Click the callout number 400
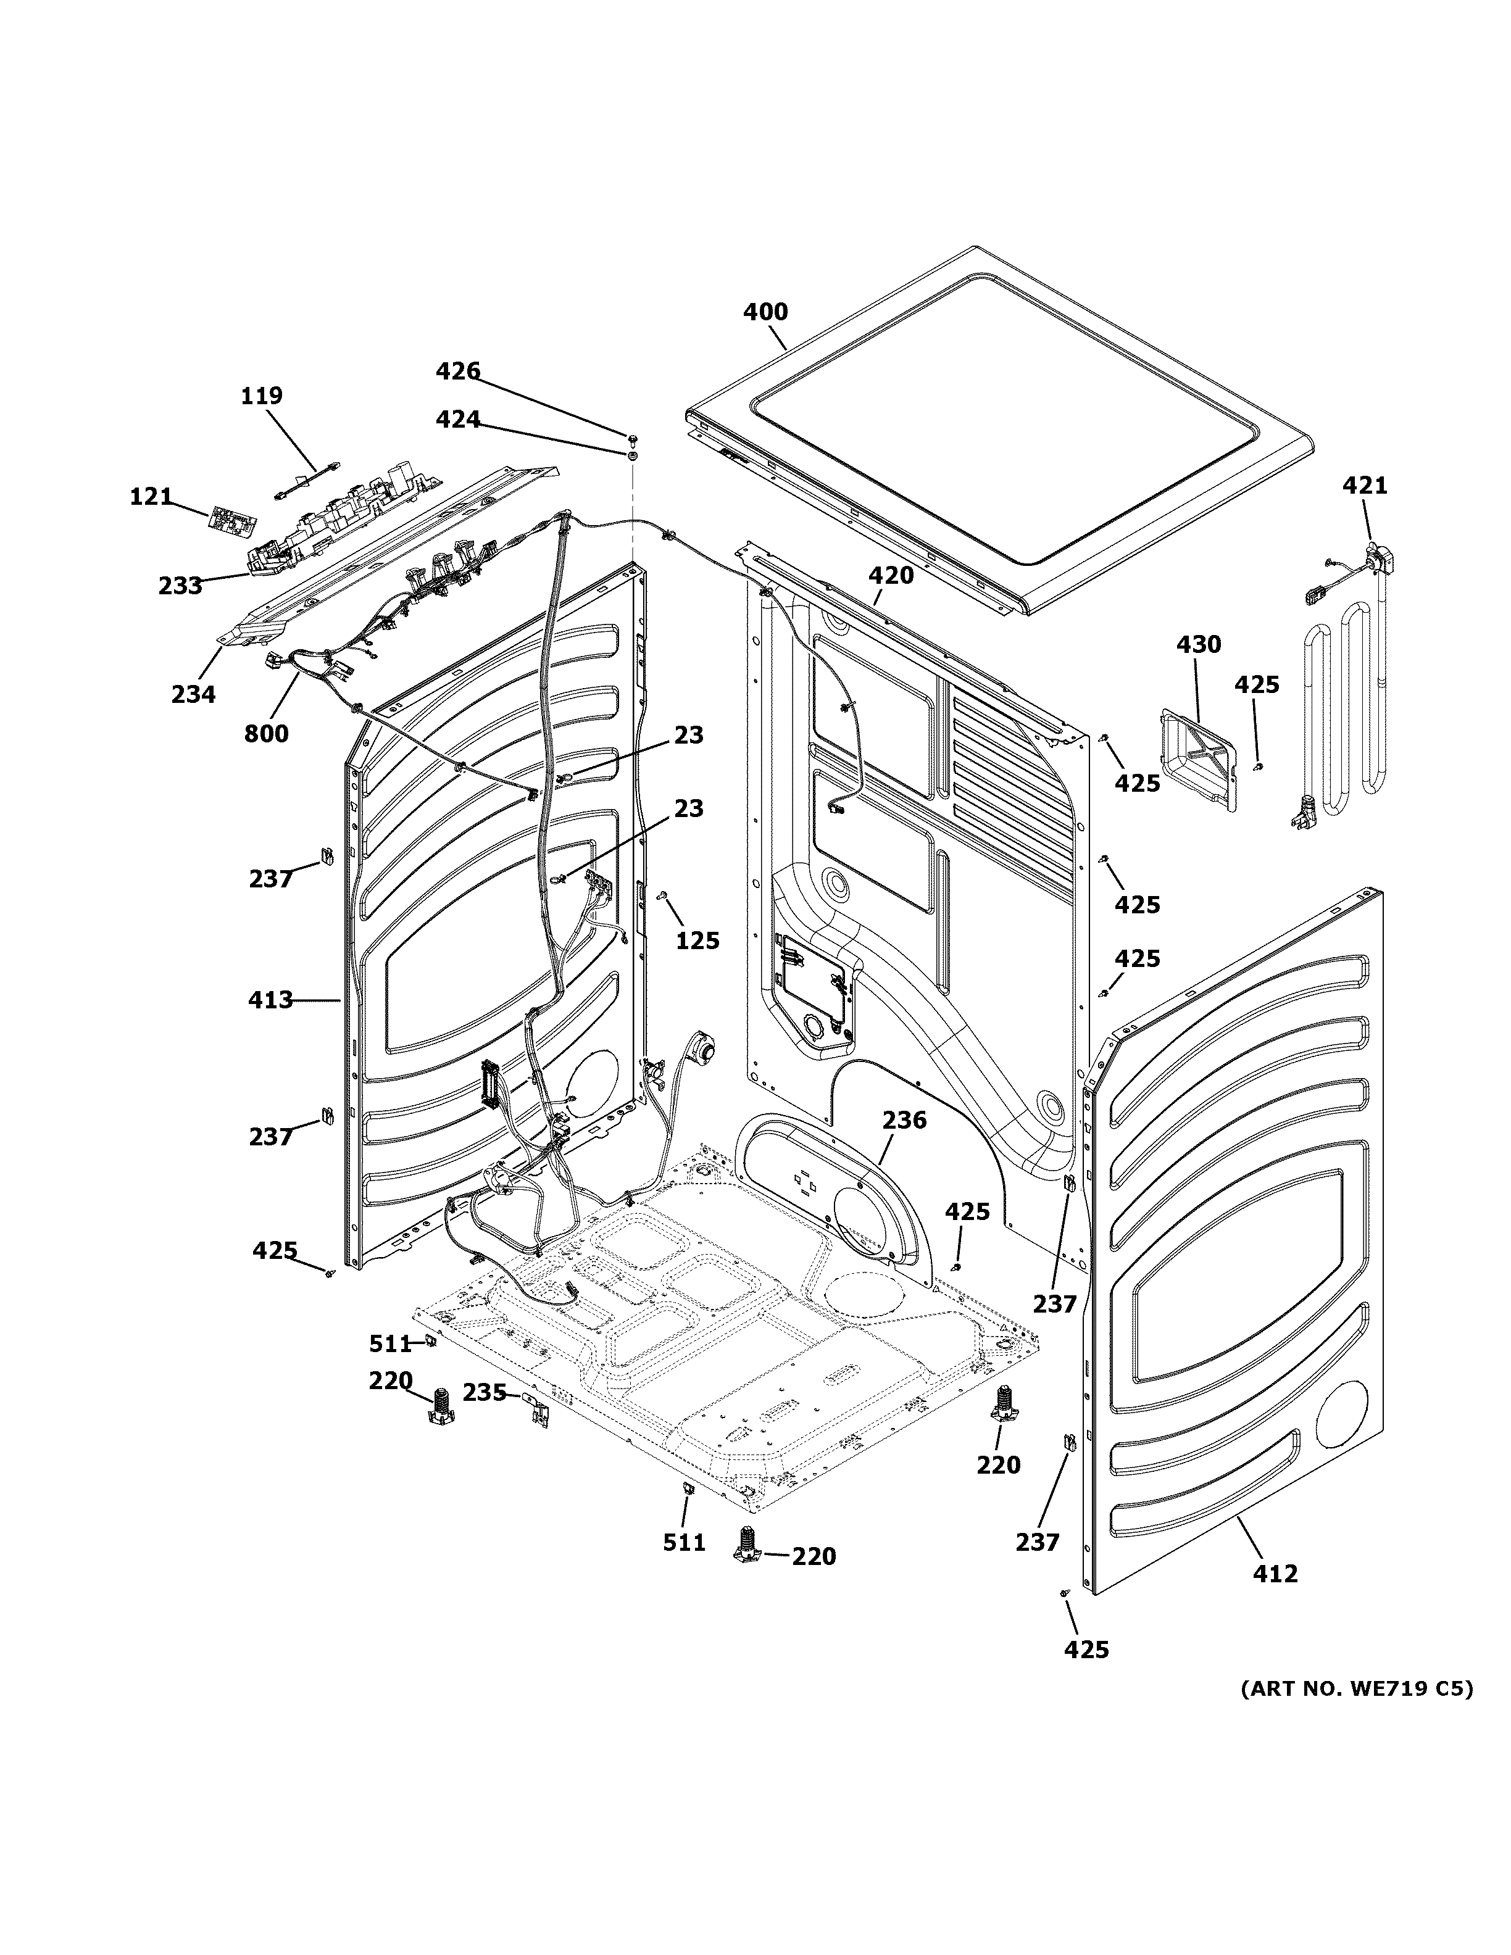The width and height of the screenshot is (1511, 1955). point(765,312)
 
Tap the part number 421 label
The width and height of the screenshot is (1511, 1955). point(1364,485)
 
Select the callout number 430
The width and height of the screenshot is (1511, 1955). point(1197,644)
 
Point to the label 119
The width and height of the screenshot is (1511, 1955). point(261,395)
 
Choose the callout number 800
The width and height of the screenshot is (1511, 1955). point(266,734)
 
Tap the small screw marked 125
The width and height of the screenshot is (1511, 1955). point(664,895)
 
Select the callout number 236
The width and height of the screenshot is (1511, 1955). point(904,1120)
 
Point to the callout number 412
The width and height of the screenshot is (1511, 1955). point(1275,1573)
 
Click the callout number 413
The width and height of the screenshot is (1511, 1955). point(270,999)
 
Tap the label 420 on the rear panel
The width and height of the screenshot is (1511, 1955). point(891,576)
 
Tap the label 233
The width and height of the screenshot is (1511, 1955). point(180,586)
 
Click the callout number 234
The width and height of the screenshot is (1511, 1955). point(193,693)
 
